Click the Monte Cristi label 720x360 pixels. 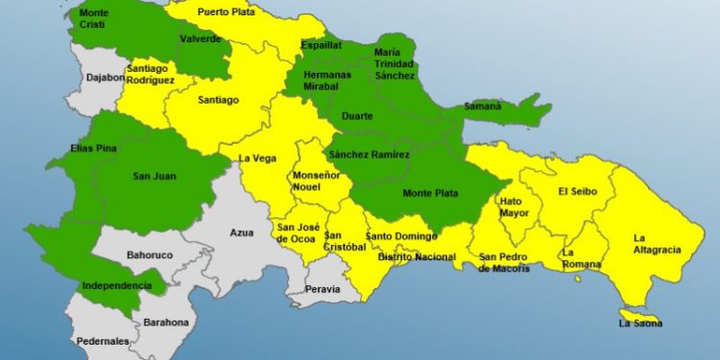[94, 19]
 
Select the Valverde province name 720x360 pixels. [200, 39]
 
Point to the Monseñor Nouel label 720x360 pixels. [314, 182]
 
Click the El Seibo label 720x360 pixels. [578, 191]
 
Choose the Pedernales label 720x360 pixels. [104, 341]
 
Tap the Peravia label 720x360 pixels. [323, 288]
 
